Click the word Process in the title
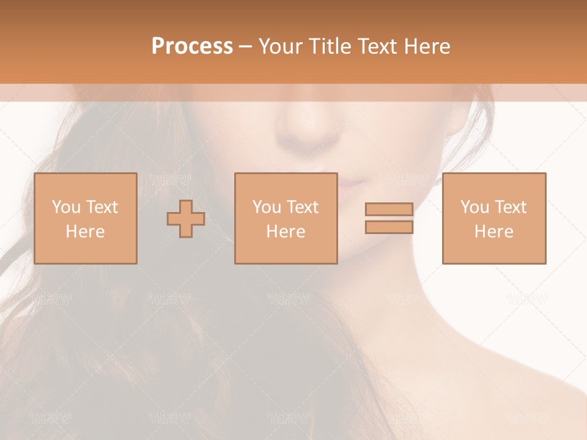point(192,46)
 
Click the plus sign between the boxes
point(186,218)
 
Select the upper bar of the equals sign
point(389,210)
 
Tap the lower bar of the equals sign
point(389,227)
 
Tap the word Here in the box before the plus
point(85,232)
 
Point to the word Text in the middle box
point(303,207)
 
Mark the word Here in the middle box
point(286,232)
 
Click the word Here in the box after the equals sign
point(494,232)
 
